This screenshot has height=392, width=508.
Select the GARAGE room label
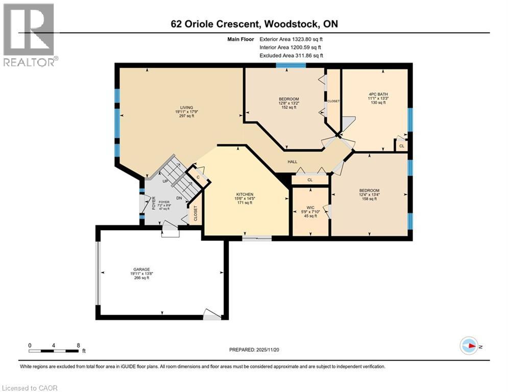click(x=140, y=269)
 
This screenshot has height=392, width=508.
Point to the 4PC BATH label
click(x=377, y=94)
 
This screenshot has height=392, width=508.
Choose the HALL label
click(x=292, y=161)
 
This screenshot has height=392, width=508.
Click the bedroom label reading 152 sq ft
click(x=288, y=99)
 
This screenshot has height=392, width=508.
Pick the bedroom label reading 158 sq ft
click(x=369, y=191)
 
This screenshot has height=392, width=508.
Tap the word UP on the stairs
click(x=164, y=181)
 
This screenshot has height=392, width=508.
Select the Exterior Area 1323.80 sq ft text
click(x=291, y=38)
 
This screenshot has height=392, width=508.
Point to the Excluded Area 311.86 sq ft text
click(x=291, y=55)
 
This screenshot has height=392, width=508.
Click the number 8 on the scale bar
click(x=78, y=345)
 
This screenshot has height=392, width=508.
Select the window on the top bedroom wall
click(x=291, y=65)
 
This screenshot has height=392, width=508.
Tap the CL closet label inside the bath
click(x=402, y=146)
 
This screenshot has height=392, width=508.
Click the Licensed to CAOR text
click(x=30, y=388)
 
